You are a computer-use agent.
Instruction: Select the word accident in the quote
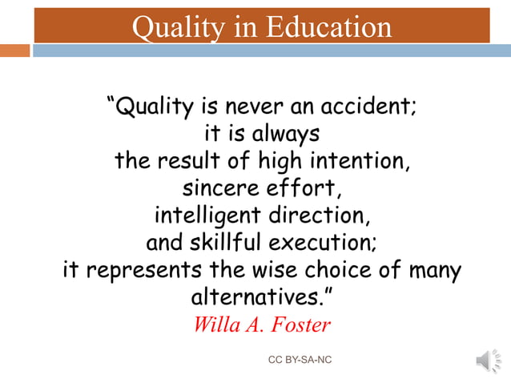pyautogui.click(x=368, y=106)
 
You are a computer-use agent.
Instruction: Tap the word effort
pyautogui.click(x=311, y=189)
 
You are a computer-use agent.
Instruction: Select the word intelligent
pyautogui.click(x=207, y=216)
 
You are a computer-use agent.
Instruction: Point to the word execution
pyautogui.click(x=324, y=243)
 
